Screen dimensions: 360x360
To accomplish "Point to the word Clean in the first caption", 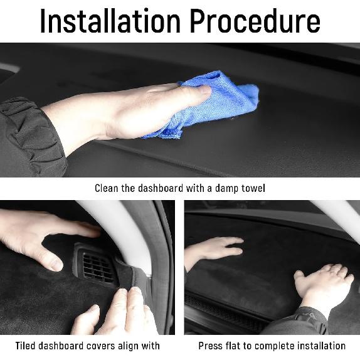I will (x=107, y=188).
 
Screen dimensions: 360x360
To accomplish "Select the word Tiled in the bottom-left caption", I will (x=27, y=346).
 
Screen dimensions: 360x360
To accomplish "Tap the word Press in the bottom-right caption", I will (x=210, y=346).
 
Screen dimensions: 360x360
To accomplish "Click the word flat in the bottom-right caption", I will (x=235, y=346).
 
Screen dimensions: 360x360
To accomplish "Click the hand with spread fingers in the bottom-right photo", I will (x=323, y=286).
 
